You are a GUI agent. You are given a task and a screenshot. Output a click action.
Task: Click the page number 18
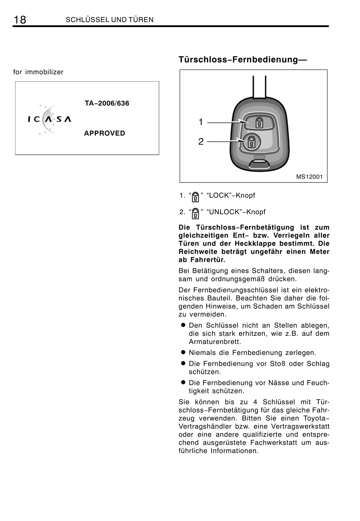(20, 20)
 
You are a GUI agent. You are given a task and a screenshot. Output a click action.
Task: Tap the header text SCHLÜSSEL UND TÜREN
(109, 20)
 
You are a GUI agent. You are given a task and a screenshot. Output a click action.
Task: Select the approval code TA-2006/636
(107, 103)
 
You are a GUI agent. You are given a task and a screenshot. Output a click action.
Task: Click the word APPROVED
(104, 133)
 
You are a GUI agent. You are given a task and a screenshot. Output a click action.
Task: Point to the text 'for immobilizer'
(38, 72)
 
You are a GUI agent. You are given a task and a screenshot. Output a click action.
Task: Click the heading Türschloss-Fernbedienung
(242, 60)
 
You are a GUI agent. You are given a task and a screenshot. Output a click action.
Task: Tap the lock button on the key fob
(258, 122)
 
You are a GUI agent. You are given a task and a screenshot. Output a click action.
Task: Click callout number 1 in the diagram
(201, 122)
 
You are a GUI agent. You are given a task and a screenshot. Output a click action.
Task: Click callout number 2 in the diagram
(201, 142)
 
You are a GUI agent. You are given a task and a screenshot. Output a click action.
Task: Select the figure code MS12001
(309, 177)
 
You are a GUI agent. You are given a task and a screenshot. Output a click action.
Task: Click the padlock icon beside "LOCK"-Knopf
(195, 197)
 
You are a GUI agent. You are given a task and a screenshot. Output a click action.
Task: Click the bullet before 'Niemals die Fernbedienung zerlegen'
(182, 352)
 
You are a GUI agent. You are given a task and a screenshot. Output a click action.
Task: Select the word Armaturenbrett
(215, 342)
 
